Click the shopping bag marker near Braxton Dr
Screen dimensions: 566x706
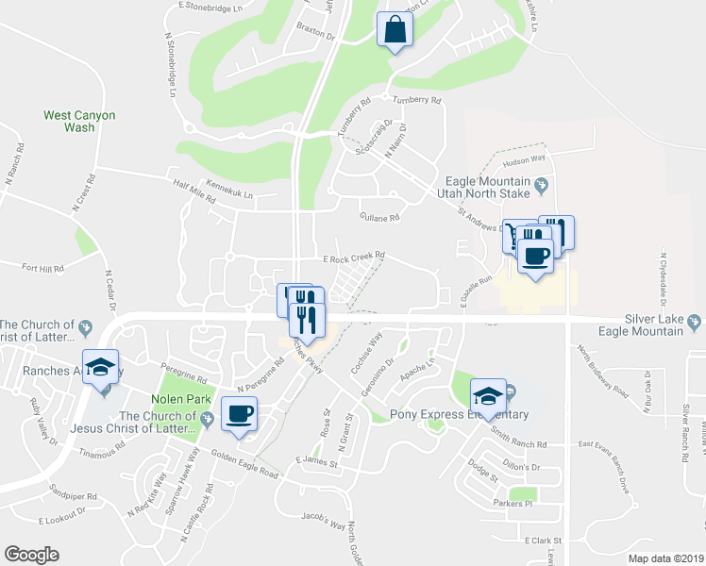coord(395,29)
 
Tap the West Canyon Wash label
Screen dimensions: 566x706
coord(79,121)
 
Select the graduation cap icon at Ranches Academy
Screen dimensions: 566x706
coord(101,368)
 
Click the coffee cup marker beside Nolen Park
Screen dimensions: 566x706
coord(239,414)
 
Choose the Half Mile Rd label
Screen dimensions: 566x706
coord(194,184)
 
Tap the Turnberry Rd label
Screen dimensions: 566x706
coord(417,99)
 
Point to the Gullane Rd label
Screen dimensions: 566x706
coord(380,217)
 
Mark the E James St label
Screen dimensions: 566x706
coord(315,460)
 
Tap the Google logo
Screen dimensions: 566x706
coord(31,554)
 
